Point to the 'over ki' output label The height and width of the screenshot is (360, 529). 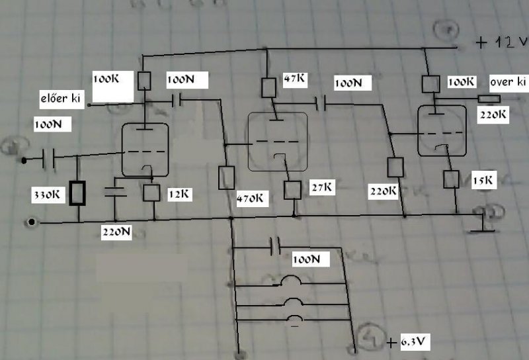pos(509,82)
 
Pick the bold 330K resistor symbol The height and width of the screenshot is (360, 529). pos(78,194)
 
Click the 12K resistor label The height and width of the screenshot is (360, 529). pos(178,194)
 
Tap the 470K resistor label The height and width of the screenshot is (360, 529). pos(252,197)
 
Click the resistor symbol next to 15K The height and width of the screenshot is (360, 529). pos(452,179)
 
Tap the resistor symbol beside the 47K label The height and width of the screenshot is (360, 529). pos(268,87)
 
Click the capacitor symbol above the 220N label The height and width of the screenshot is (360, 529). pos(116,193)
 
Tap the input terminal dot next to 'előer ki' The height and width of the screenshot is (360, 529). pos(90,105)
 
